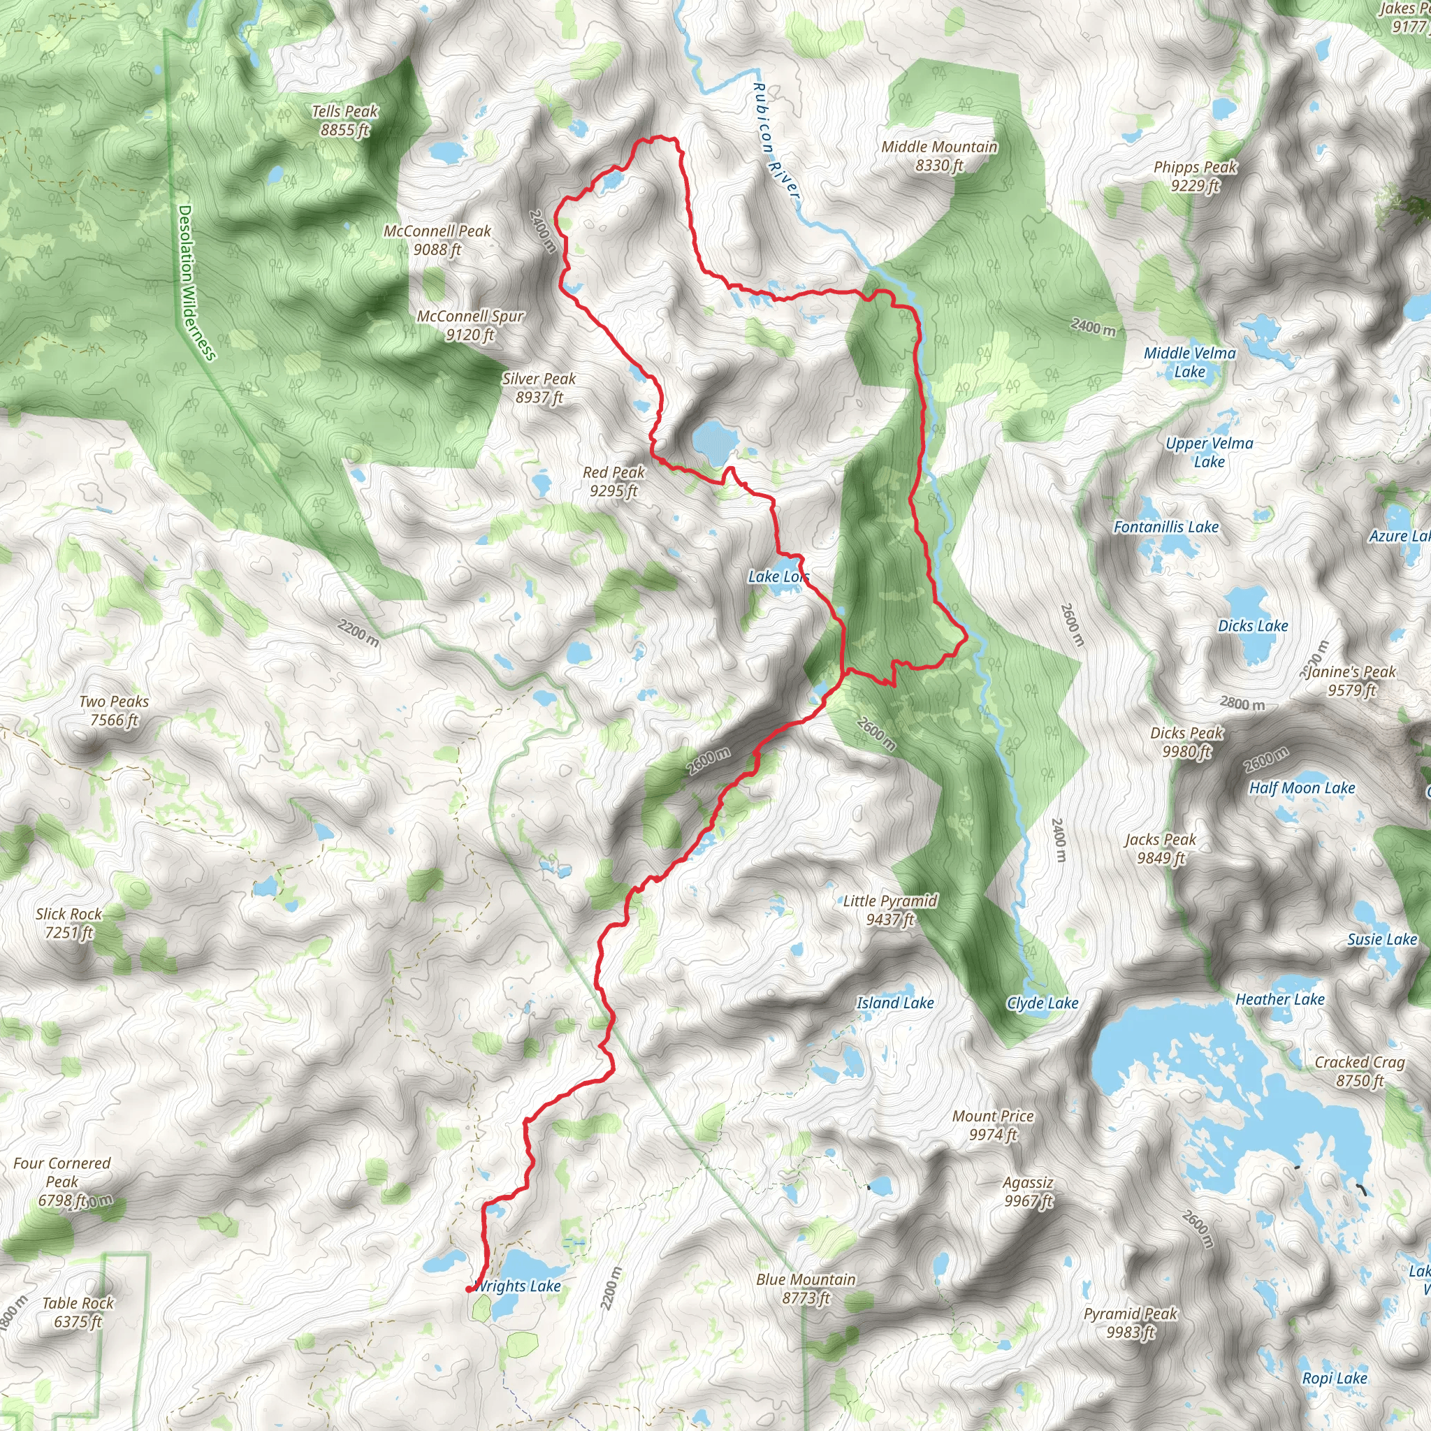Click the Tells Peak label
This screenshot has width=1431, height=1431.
click(x=344, y=121)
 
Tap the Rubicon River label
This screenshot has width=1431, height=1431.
click(x=775, y=140)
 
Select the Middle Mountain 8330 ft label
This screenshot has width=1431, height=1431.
click(x=938, y=157)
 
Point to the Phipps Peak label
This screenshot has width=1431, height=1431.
click(x=1195, y=176)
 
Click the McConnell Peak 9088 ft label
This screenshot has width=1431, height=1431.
click(x=437, y=240)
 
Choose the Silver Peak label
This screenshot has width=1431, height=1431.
click(x=539, y=388)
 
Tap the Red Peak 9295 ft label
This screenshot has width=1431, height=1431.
click(x=613, y=481)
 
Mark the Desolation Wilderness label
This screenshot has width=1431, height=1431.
click(x=196, y=283)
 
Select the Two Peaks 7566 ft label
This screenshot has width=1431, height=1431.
click(x=114, y=711)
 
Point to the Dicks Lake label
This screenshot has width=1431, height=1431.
click(x=1253, y=626)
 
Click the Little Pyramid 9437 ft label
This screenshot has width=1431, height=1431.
click(x=889, y=910)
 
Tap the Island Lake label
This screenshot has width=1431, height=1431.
click(x=895, y=1003)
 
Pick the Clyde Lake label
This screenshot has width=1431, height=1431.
click(x=1041, y=1003)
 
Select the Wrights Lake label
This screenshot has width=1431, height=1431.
click(x=518, y=1286)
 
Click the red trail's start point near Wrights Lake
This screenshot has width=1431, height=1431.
click(x=469, y=1290)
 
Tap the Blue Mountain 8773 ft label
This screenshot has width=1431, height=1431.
click(x=806, y=1288)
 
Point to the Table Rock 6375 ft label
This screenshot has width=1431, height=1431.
click(x=78, y=1312)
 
